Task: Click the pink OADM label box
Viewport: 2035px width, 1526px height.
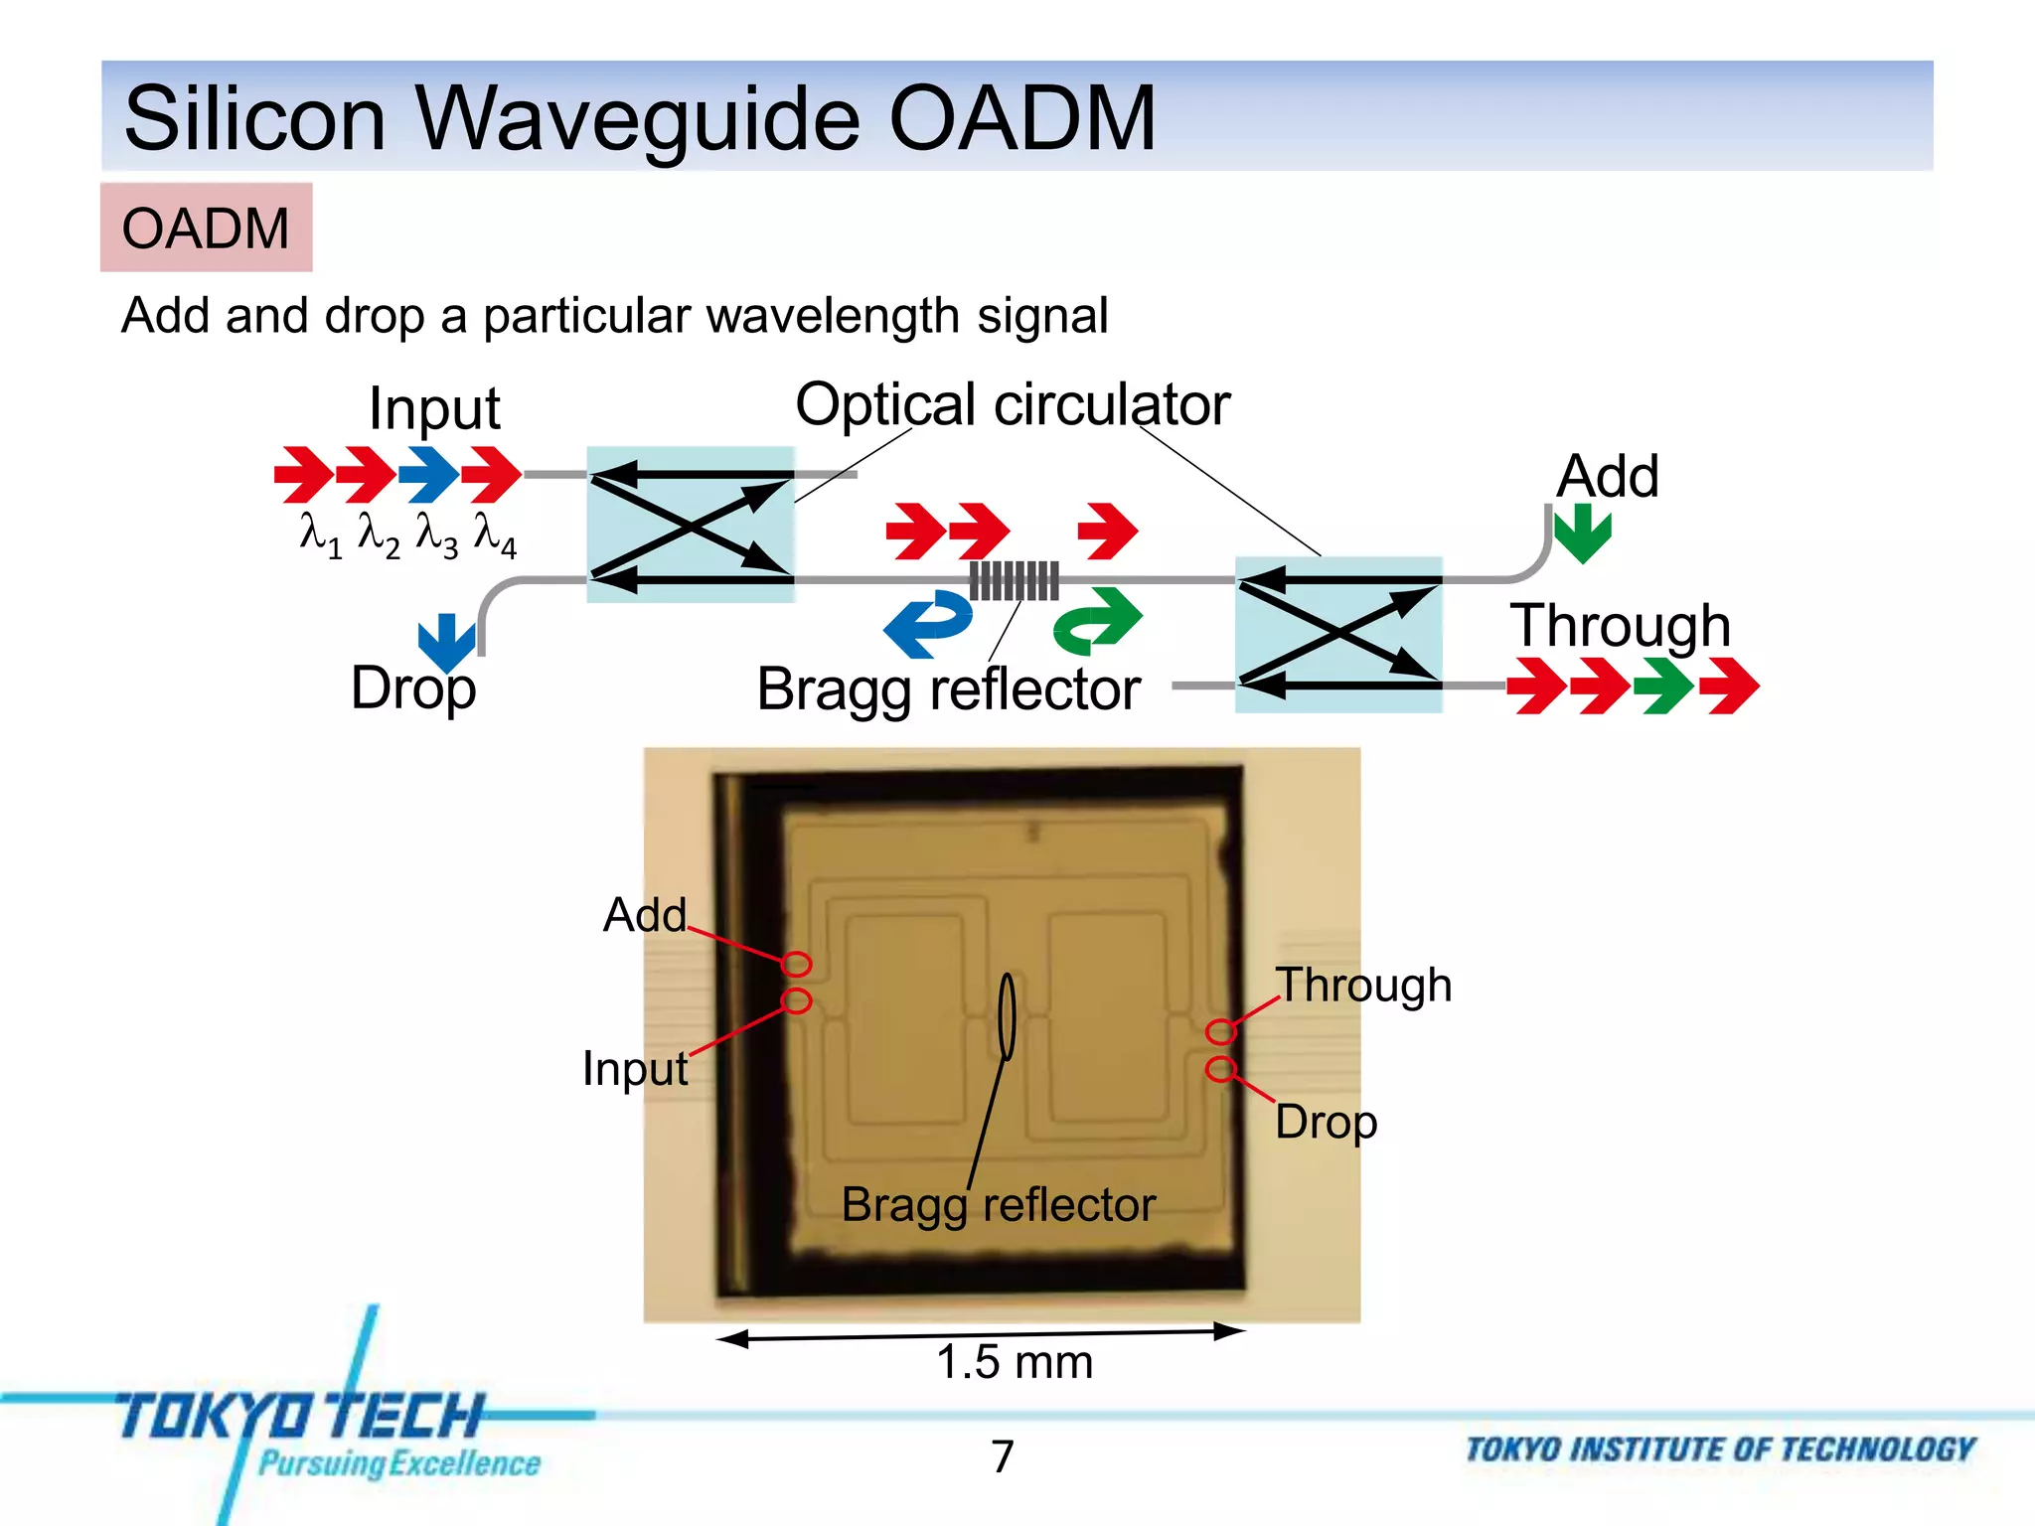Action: tap(206, 228)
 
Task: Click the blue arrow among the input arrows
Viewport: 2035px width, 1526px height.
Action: tap(429, 474)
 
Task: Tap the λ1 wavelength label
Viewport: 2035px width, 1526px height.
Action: tap(320, 535)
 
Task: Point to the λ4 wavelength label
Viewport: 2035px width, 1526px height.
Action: tap(494, 535)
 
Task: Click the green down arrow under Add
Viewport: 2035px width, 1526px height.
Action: tap(1582, 533)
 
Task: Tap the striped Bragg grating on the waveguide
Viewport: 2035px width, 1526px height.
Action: tap(1014, 580)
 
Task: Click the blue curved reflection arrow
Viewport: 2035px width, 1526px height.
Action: tap(928, 624)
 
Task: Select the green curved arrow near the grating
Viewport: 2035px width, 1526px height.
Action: tap(1098, 621)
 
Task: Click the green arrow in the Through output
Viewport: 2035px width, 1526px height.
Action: tap(1664, 686)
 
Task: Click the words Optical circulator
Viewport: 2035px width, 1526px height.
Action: tap(1013, 404)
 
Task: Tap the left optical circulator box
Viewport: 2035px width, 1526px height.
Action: tap(691, 525)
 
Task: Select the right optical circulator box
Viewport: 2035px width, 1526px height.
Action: tap(1338, 634)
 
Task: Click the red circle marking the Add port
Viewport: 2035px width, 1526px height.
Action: tap(796, 964)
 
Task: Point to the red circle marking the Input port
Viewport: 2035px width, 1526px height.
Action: tap(796, 1000)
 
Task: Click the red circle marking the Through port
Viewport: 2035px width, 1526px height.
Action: tap(1220, 1032)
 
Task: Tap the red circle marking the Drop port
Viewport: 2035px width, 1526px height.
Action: tap(1220, 1069)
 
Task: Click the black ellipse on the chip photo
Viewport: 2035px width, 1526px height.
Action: tap(1007, 1016)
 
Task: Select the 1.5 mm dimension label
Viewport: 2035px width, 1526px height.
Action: tap(1014, 1362)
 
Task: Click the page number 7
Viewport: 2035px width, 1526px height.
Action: tap(1003, 1456)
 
